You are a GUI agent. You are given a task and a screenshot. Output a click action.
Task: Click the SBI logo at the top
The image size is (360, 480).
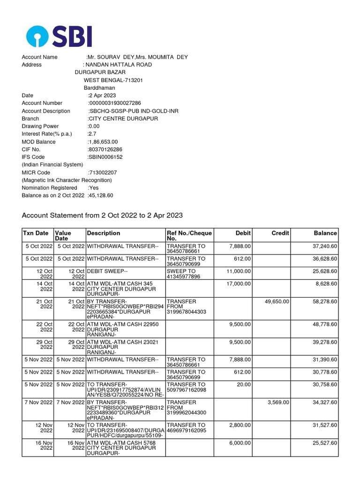tap(59, 37)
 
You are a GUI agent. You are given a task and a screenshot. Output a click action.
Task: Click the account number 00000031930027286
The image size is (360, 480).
tap(114, 103)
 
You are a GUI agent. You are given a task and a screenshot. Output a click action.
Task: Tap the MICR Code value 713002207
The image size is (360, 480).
tap(103, 172)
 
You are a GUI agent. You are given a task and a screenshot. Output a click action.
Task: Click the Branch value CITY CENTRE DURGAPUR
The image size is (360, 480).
tap(123, 119)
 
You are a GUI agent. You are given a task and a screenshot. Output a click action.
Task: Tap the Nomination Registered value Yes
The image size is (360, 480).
tap(93, 187)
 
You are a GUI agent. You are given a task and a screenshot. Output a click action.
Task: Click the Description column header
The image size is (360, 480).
tap(103, 233)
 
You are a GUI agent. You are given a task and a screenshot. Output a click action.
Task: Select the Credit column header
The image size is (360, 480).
tap(280, 233)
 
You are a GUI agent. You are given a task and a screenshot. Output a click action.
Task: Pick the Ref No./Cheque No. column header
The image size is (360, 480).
tap(189, 236)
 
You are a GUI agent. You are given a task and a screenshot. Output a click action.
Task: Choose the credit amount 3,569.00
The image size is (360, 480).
tap(278, 402)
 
